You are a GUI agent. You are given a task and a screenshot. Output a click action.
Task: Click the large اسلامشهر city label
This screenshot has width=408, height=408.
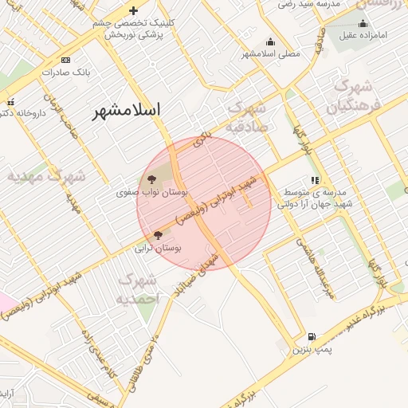point(126,110)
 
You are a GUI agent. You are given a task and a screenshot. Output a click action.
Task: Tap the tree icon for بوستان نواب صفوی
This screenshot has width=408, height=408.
point(152,179)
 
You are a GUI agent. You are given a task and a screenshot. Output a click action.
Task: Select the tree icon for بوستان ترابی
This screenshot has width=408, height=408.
point(158,235)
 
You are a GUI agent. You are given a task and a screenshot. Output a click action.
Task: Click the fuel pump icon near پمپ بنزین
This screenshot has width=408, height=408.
point(310,336)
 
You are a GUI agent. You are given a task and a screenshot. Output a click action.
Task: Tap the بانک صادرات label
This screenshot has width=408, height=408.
point(65,73)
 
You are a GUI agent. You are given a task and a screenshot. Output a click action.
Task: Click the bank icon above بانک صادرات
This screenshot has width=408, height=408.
point(65,60)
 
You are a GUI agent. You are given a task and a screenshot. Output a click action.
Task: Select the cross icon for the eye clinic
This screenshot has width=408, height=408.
point(134,11)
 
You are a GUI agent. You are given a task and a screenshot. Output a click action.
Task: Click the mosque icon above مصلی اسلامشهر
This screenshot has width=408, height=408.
point(270,42)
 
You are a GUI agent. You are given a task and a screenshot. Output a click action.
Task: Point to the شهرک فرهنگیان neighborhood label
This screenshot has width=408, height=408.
point(355,96)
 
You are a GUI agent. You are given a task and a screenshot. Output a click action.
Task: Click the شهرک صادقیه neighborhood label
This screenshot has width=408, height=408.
point(249,116)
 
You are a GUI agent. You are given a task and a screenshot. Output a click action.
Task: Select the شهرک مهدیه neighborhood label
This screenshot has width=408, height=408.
point(46,175)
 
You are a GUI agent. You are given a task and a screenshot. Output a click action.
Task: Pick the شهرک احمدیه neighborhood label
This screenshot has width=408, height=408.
point(139,289)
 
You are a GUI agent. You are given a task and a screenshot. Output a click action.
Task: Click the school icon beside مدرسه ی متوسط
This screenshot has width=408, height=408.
point(316,181)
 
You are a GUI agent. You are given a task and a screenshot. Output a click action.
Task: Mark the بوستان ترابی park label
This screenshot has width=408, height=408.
point(163,249)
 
